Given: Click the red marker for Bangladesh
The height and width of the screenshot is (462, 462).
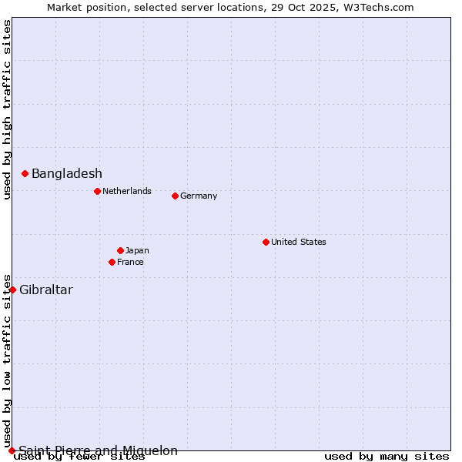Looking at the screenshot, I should coord(25,174).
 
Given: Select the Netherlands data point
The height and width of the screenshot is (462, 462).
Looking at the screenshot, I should coord(97,191).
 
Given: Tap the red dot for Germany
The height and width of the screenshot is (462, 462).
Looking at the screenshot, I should coord(175,196).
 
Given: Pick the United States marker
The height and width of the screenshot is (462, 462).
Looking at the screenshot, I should coord(266,242).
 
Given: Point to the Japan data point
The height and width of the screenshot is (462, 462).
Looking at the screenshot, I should coord(120,250).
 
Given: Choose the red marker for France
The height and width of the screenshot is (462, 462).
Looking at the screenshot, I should coord(112,262).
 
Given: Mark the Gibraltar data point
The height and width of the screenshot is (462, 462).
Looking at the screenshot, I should coord(12,290).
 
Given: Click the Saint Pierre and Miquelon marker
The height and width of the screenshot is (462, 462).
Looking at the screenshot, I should coord(12,450).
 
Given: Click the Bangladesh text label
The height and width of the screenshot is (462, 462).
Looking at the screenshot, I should coord(67,174).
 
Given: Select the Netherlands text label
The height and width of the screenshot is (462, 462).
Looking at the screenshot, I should coord(127,191).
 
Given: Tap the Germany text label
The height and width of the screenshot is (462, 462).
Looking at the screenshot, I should coord(199,196).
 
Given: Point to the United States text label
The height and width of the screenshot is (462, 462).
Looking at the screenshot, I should coord(299,242).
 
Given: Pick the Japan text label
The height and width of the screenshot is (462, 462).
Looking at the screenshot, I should coord(137,250).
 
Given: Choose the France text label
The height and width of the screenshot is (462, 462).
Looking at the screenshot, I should coord(130,262).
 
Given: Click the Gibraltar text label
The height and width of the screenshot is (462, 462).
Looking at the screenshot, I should coord(46,290).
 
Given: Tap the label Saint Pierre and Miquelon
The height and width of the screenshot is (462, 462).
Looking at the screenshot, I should coord(99,450).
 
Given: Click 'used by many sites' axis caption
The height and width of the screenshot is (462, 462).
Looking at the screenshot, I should coord(387,457).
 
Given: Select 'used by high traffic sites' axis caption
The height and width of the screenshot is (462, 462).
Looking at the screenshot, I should coord(7,109).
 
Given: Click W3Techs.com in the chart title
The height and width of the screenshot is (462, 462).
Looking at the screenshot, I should coord(378,7).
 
